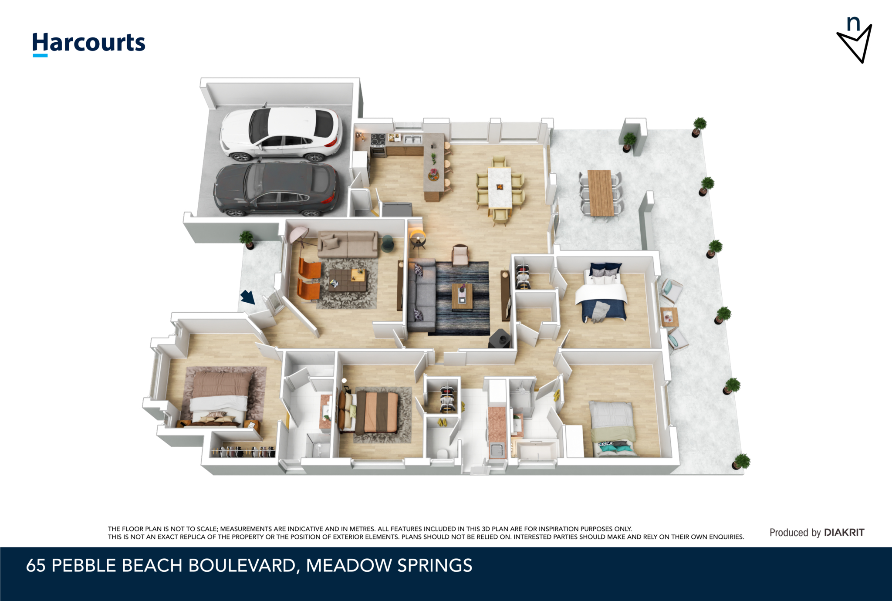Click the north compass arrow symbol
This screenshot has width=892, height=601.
855,40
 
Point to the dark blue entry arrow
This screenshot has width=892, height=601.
248,297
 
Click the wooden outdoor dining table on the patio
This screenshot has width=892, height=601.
601,193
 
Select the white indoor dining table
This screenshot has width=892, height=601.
500,188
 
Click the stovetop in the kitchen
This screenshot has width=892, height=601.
378,139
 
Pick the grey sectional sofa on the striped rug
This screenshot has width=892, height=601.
422,295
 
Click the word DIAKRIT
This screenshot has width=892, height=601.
844,532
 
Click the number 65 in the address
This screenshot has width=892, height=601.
36,565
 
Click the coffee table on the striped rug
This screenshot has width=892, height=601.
462,297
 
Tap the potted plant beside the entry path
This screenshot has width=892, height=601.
247,240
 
